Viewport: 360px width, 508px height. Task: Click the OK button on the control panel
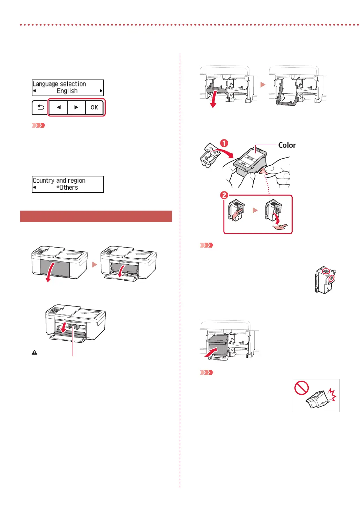[94, 107]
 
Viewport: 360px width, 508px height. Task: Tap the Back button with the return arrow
[40, 107]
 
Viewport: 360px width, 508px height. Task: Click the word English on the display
[67, 91]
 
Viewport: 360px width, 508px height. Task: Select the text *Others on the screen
[67, 188]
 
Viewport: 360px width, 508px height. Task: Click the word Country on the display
[43, 181]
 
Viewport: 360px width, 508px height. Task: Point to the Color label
[287, 145]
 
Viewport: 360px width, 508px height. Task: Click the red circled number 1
[224, 143]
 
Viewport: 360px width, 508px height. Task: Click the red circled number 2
[224, 195]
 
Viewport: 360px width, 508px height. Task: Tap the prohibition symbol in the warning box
[301, 388]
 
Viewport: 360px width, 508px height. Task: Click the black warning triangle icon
[35, 352]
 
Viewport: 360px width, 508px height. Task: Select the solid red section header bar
[96, 216]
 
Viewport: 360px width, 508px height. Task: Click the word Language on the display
[45, 84]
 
